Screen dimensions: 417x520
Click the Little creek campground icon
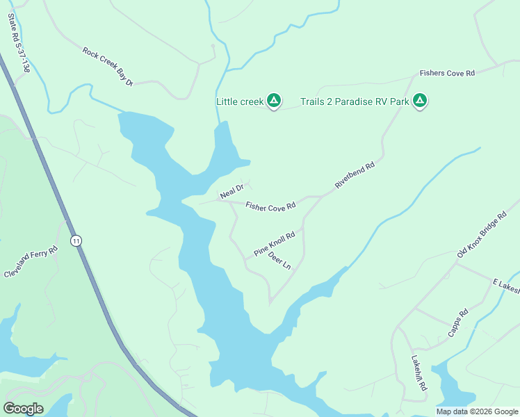(275, 102)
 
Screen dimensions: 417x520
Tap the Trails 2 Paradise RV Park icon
(420, 102)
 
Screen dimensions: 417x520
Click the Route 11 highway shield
(76, 240)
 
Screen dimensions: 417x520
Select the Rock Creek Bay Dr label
(108, 67)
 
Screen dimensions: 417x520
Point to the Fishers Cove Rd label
(446, 73)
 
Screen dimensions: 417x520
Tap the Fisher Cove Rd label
(270, 206)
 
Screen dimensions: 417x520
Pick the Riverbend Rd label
(355, 176)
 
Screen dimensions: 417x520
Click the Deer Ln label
(279, 261)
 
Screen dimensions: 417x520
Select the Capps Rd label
(458, 322)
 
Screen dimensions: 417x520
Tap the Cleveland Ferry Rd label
(29, 261)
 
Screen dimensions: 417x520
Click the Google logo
(23, 409)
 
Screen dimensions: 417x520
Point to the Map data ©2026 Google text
(477, 411)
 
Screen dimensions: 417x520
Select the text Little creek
(240, 102)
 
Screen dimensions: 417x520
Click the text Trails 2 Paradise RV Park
(355, 102)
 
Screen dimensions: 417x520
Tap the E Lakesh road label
(506, 286)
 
